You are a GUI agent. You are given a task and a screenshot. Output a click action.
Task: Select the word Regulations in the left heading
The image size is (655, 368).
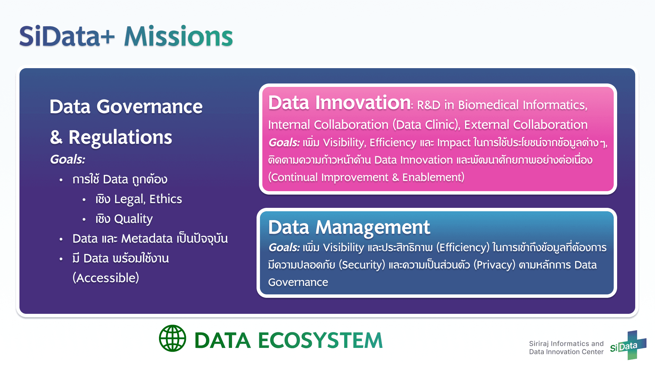(x=120, y=137)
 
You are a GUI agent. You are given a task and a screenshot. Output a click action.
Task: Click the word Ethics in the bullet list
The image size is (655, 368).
(x=166, y=199)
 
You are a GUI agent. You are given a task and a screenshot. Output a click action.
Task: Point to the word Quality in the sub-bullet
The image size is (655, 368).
(x=133, y=219)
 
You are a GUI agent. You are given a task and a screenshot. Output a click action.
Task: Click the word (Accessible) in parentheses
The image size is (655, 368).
(x=106, y=278)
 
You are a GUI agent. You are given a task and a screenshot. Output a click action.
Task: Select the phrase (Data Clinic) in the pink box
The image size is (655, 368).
(x=426, y=125)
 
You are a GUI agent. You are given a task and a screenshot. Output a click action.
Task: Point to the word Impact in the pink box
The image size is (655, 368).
(x=454, y=143)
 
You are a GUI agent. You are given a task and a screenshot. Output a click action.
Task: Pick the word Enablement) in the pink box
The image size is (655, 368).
(x=433, y=178)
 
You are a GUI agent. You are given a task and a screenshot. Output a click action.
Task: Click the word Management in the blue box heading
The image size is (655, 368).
(x=373, y=228)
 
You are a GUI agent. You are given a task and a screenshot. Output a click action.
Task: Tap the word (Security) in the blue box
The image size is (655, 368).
(x=362, y=265)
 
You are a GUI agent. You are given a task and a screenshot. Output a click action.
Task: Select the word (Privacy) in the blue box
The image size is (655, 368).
(x=494, y=265)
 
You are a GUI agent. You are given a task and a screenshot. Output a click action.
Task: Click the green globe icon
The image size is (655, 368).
(x=173, y=338)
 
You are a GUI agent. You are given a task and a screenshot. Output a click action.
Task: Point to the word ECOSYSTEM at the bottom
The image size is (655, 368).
(x=320, y=340)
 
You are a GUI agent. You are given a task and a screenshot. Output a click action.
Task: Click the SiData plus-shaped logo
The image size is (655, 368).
(x=628, y=345)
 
